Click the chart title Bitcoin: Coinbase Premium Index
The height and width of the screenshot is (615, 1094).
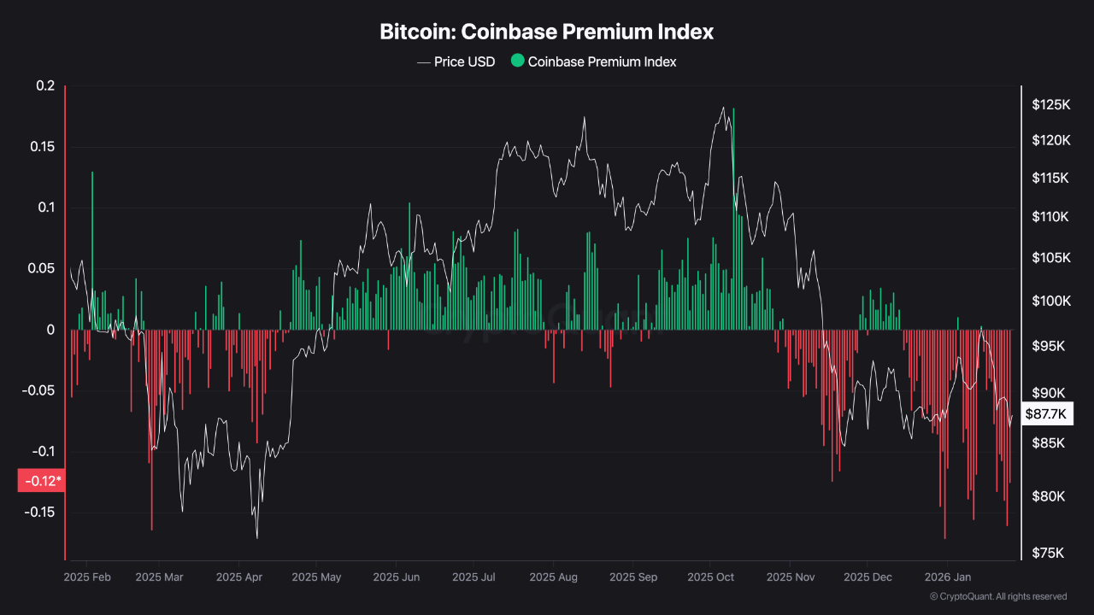point(547,32)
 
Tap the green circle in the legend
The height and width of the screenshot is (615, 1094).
point(517,61)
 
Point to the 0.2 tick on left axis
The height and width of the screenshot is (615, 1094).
point(45,86)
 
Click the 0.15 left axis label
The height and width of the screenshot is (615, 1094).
point(42,147)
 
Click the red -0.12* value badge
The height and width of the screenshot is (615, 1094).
point(41,481)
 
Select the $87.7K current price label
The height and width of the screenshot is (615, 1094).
point(1046,414)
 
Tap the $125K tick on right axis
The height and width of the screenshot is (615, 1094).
point(1050,105)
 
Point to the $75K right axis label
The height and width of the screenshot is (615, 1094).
point(1048,553)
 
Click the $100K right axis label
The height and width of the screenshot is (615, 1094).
point(1050,301)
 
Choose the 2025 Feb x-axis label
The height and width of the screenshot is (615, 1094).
point(87,577)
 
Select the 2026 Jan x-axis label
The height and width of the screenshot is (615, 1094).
point(946,577)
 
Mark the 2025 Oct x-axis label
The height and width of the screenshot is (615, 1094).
point(711,577)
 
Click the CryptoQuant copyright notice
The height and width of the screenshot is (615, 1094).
point(997,596)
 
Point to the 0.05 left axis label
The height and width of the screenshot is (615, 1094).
point(42,268)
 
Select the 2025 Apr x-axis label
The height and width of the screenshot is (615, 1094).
point(239,577)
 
